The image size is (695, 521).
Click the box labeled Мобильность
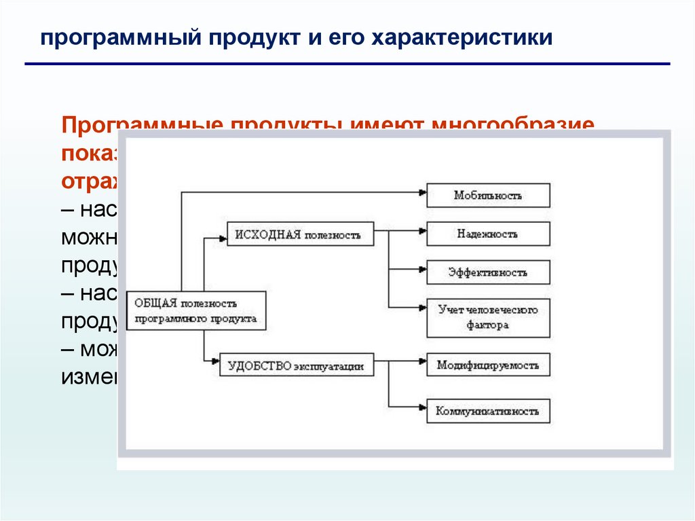tap(488, 196)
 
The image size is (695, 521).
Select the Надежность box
tap(488, 234)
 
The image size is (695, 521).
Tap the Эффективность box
tap(488, 272)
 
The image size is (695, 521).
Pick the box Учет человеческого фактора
tap(488, 318)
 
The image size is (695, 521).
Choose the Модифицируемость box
tap(488, 365)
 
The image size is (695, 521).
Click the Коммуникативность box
tap(488, 411)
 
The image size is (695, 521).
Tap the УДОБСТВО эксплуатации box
tap(297, 365)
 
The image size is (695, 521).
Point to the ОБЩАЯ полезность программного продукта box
tap(195, 311)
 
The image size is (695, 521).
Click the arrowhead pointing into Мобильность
tap(422, 192)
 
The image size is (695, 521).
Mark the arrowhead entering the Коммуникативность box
tap(422, 407)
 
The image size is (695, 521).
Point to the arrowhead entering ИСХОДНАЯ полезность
tap(222, 238)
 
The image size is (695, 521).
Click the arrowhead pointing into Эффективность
tap(422, 270)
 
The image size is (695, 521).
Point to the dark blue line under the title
tap(347, 64)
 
